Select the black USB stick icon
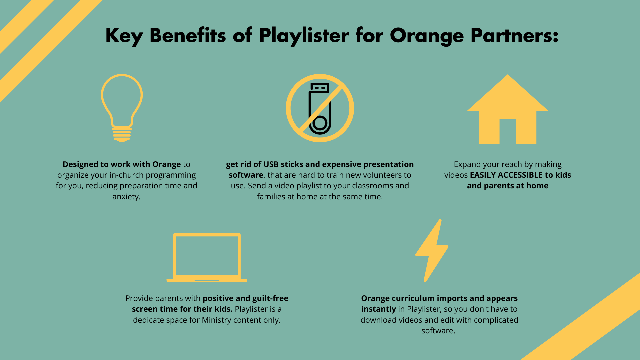coord(320,108)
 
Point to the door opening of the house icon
coord(507,132)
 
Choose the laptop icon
coord(207,258)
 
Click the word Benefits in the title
coord(188,35)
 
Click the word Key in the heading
coord(124,36)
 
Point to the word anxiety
coord(126,197)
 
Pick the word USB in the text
coord(272,164)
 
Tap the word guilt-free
coord(270,298)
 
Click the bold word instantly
coord(378,309)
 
